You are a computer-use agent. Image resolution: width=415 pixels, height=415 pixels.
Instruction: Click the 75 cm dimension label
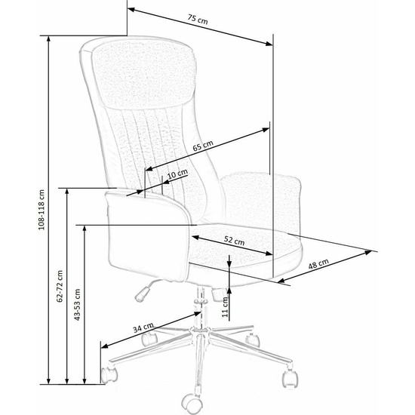[198, 19]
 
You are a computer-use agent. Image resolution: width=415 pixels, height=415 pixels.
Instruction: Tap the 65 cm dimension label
[203, 146]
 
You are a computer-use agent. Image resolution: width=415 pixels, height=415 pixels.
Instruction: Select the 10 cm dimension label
[177, 174]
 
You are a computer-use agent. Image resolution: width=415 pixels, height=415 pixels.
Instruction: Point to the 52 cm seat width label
[234, 240]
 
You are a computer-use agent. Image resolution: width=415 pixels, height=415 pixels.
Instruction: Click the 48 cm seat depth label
[318, 263]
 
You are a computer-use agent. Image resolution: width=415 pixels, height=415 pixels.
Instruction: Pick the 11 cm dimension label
[225, 307]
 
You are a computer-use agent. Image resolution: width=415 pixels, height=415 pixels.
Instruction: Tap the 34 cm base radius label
[143, 327]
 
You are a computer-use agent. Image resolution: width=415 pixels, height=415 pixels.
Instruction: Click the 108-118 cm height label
[41, 210]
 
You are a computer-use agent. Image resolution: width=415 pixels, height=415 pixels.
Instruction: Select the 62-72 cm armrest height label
[60, 286]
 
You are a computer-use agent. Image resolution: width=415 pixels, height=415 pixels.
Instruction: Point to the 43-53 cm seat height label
[77, 305]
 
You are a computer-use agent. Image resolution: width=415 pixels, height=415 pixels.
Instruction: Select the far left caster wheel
[109, 374]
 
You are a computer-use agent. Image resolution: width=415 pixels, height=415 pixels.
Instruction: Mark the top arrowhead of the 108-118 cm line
[48, 39]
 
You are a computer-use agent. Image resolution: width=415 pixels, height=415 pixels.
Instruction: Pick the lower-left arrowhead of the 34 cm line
[105, 346]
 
